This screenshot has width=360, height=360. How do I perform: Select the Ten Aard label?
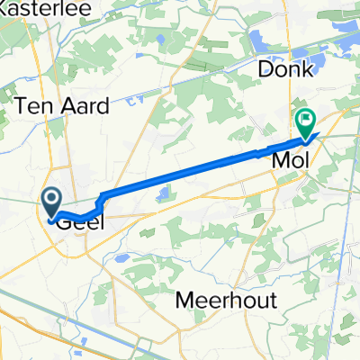point(63,106)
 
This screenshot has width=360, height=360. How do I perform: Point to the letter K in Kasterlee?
point(4,10)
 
